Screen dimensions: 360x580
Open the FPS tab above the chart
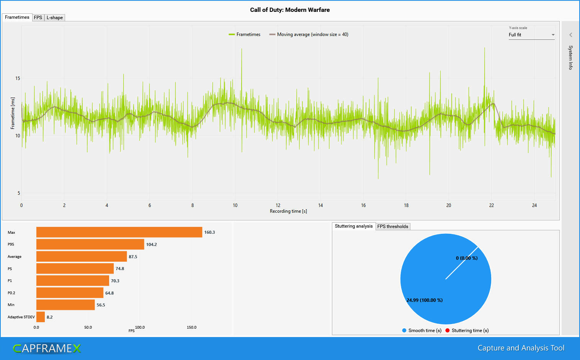tap(38, 18)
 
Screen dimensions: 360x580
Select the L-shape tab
tap(55, 18)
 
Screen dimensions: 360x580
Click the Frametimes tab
tap(17, 17)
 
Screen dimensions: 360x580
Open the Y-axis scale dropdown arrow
tap(553, 35)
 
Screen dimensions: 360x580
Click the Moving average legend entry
tap(309, 34)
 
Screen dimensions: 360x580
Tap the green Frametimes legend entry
tap(245, 34)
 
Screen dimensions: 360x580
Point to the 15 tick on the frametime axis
tap(18, 78)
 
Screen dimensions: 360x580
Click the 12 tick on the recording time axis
tap(278, 205)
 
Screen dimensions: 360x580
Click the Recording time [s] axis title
tap(288, 211)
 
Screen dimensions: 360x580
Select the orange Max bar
tap(119, 232)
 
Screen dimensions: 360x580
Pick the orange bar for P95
tap(90, 244)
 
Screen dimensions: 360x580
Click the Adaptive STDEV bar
tap(41, 317)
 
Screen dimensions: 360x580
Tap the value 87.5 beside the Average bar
tap(133, 257)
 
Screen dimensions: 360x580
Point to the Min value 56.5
tap(101, 305)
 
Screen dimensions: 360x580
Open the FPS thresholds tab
tap(393, 226)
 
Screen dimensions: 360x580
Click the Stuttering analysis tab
tap(353, 226)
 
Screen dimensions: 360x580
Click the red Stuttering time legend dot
tap(447, 331)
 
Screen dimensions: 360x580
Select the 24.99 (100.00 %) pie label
tap(425, 300)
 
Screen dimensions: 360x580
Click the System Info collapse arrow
tap(570, 35)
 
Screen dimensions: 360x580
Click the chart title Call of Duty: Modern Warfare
tap(290, 10)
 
